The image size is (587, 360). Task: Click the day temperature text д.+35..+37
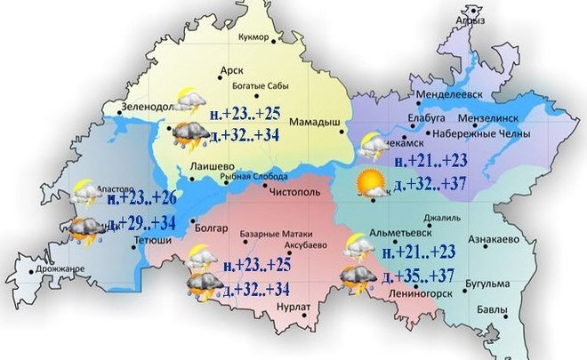(423, 277)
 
